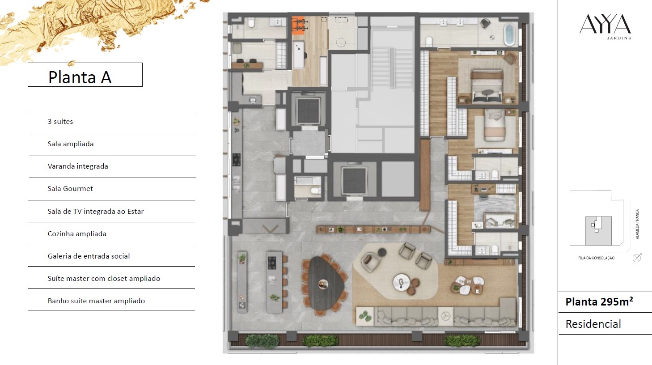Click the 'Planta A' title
coord(80,77)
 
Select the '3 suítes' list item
coord(60,121)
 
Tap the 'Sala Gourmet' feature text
coord(70,189)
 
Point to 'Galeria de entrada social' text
coord(89,256)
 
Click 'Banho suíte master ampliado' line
coord(96,301)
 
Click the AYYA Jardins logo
coord(605,26)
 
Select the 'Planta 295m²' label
coord(599,302)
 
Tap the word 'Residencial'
coord(593,324)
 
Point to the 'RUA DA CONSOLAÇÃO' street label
coord(597,258)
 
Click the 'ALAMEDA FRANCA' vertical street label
coord(637,224)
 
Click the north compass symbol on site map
coord(637,258)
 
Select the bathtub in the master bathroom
coord(509,34)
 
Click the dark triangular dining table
coord(324,283)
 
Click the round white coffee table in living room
coord(402,283)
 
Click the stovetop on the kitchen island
coord(272,263)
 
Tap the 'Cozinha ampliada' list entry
coord(77,234)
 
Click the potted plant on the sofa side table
coord(364,316)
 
